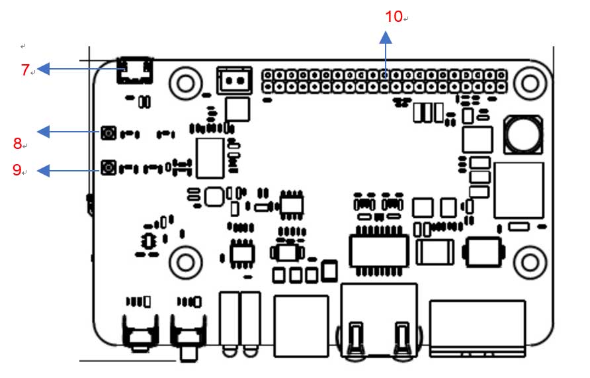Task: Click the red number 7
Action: pos(25,70)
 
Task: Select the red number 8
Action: pos(18,143)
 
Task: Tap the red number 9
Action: pos(17,170)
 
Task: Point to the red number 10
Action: pos(394,17)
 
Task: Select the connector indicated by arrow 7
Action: pos(134,71)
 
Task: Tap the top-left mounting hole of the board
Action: pos(185,83)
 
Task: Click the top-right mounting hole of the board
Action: pos(529,82)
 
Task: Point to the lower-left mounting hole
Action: pos(185,262)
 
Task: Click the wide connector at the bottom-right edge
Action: pos(478,328)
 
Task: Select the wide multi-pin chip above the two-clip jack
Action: pos(379,250)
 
